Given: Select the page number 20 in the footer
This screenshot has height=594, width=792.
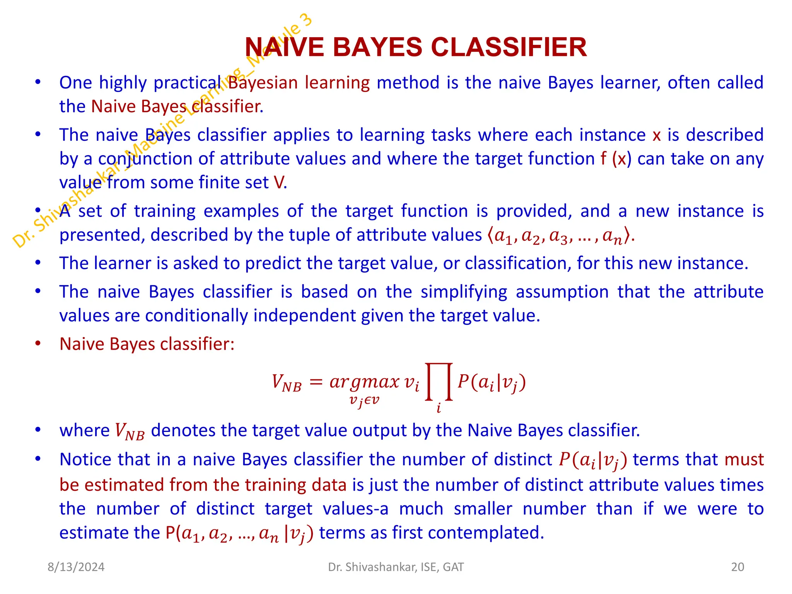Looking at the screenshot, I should tap(737, 567).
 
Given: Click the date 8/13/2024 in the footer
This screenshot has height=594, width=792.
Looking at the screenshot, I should tap(76, 567).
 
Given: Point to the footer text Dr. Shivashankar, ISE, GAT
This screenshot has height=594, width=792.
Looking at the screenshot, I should tap(396, 567).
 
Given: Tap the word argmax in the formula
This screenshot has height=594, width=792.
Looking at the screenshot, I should tap(364, 382).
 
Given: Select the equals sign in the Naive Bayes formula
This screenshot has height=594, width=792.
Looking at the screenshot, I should tap(316, 382).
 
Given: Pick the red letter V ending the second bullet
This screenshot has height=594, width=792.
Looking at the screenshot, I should tap(278, 183).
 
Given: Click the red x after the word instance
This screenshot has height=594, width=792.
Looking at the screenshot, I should tap(656, 135).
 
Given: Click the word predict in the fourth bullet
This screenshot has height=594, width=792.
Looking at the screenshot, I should tap(273, 263).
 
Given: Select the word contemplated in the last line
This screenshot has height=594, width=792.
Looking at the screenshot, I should tap(468, 533).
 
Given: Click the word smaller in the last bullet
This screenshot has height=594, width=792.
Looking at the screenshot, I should tap(483, 509).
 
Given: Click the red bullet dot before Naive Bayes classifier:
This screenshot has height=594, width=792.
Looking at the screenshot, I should tap(38, 344).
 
